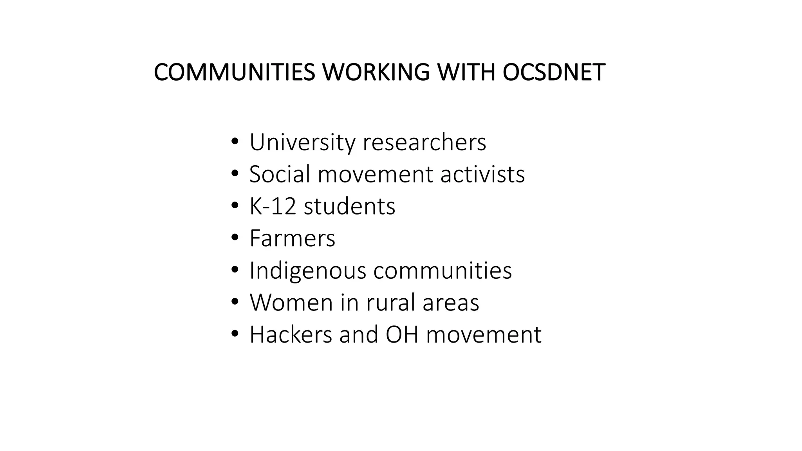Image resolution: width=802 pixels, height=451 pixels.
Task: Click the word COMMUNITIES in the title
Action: click(x=234, y=72)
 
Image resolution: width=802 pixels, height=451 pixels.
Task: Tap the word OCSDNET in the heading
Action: click(x=554, y=72)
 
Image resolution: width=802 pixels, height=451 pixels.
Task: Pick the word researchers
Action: click(x=424, y=142)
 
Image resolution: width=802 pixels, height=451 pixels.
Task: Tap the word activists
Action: click(x=482, y=174)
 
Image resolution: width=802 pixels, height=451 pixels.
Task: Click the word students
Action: click(x=349, y=206)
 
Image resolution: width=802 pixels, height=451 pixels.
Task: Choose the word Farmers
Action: click(x=293, y=238)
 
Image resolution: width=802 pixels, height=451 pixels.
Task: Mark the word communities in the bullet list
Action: click(x=443, y=271)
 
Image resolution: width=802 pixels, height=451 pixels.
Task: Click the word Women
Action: click(x=291, y=303)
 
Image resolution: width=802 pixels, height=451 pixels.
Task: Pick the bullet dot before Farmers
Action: click(x=235, y=238)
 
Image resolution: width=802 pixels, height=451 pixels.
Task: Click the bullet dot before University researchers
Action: click(x=235, y=141)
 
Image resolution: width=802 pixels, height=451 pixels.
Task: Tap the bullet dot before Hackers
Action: click(x=235, y=334)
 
